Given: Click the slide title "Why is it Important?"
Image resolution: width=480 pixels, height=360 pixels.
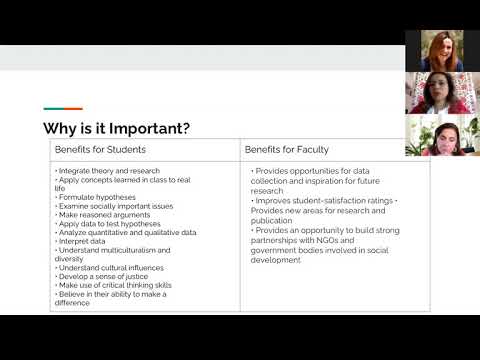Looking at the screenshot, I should point(119,128).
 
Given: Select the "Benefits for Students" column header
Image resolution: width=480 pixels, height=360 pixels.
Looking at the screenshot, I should point(100,149).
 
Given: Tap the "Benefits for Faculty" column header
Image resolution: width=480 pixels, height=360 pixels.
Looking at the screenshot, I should point(286,149).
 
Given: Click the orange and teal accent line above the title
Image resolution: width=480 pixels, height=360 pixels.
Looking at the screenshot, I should point(63,109).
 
